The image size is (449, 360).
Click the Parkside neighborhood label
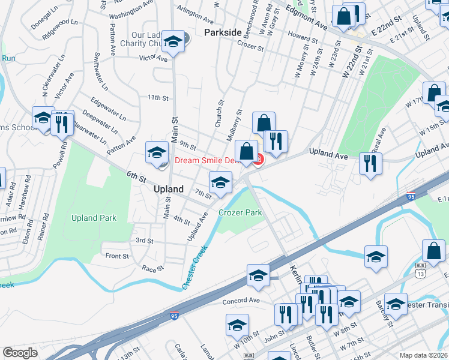[223, 31]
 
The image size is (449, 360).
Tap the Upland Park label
[94, 218]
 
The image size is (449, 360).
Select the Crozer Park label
[240, 212]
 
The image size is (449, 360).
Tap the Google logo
[20, 353]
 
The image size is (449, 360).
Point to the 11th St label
[158, 97]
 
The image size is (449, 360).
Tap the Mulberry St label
[234, 125]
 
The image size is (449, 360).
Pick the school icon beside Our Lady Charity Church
[173, 42]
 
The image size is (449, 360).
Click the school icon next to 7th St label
[220, 182]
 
